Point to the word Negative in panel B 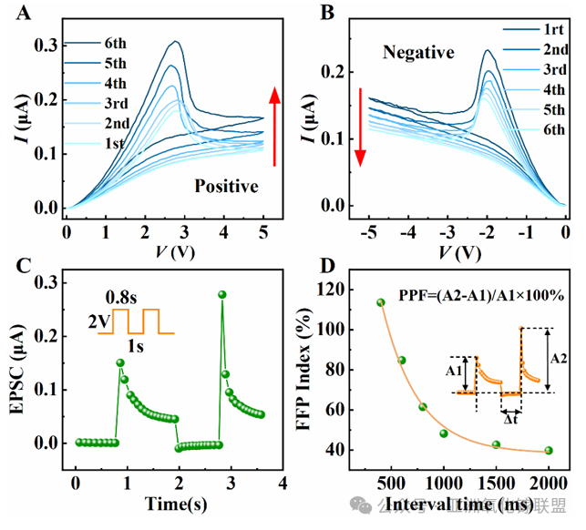418,54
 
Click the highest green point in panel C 221,294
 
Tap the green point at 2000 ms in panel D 549,450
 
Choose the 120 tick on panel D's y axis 341,290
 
